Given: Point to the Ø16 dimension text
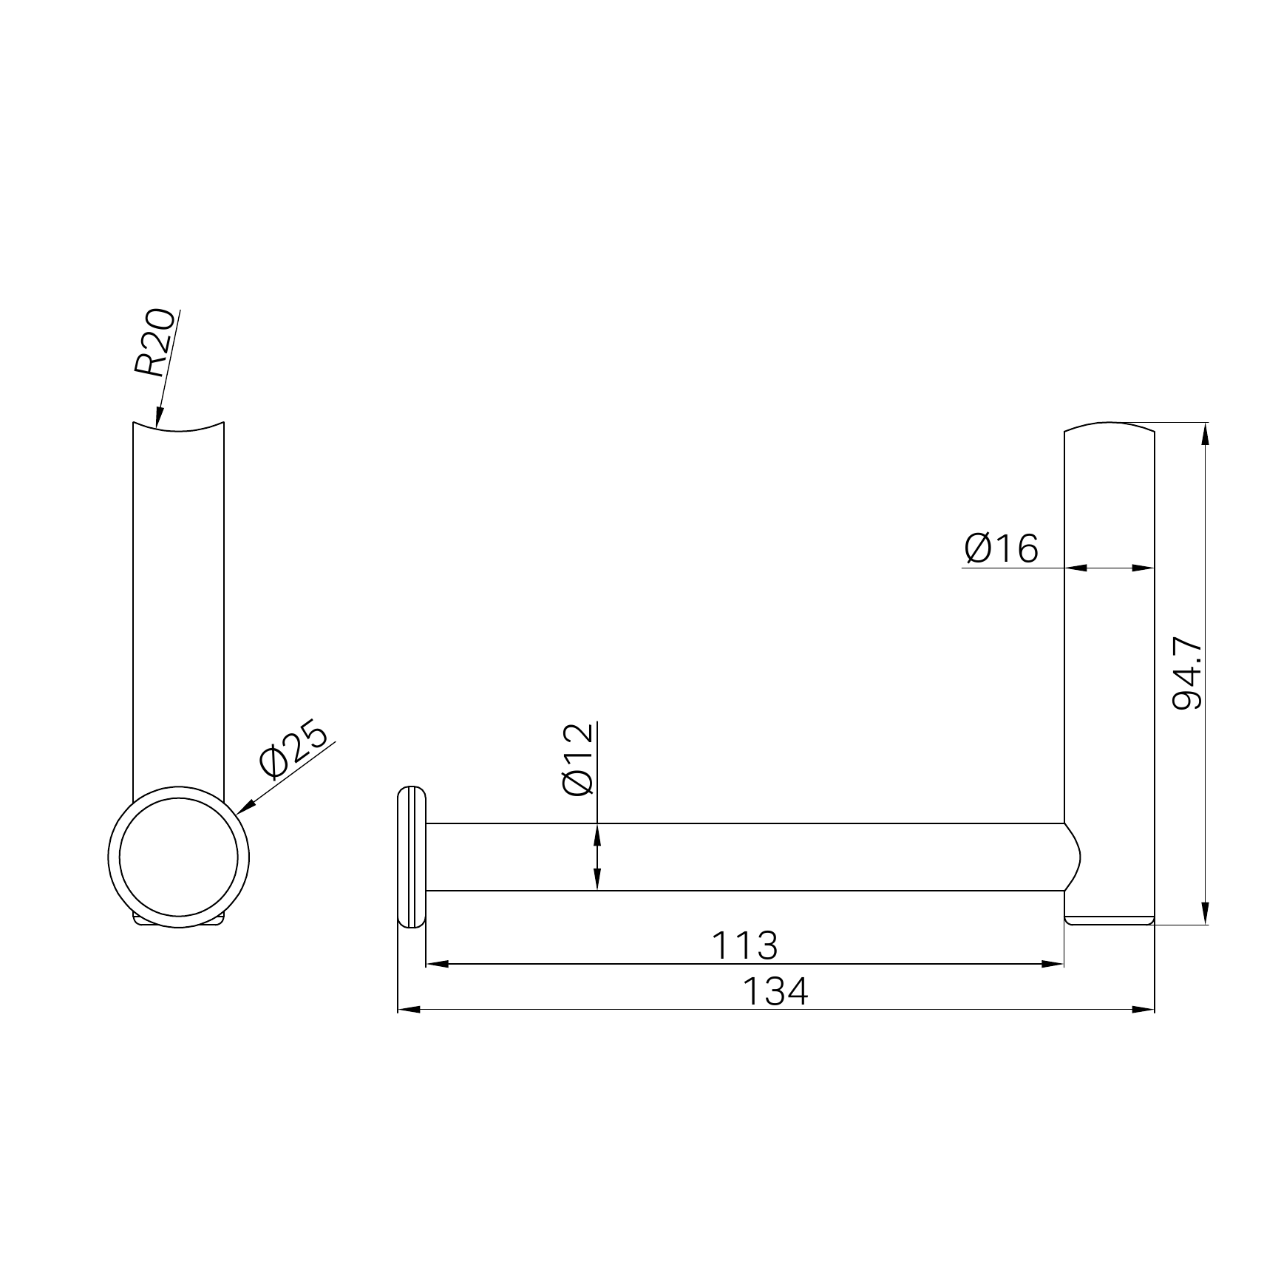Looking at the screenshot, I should click(x=1001, y=548).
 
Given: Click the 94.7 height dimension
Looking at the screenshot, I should click(x=1188, y=674).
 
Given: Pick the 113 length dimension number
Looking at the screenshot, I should click(x=744, y=945).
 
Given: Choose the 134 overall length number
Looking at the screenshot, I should click(x=775, y=992).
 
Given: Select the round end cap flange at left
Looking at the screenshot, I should click(x=412, y=857).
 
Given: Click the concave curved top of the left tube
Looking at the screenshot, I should click(x=178, y=429).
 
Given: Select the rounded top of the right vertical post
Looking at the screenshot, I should click(x=1109, y=426).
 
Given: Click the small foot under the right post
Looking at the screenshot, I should click(x=1109, y=920).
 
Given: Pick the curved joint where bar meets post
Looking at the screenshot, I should click(x=1073, y=857).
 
